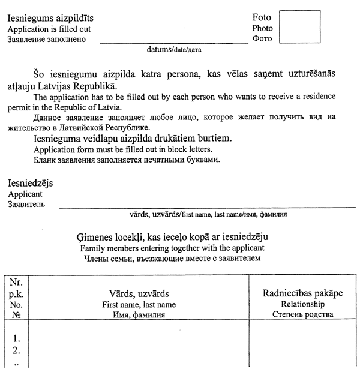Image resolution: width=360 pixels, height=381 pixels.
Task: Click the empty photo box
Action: tap(299, 26)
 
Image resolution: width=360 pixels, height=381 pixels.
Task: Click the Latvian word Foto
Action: tap(262, 17)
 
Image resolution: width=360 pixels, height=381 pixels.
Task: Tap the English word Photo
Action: tap(262, 28)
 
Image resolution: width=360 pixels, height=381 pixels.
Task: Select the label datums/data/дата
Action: tap(174, 50)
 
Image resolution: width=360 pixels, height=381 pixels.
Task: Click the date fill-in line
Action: tap(174, 43)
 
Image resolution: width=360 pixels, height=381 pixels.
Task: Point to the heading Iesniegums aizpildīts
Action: tap(50, 18)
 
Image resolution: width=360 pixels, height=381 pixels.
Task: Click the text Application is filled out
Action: tap(49, 29)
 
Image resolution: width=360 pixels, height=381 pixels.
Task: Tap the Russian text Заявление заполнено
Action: tap(46, 40)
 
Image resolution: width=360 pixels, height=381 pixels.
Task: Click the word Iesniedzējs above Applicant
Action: tap(30, 183)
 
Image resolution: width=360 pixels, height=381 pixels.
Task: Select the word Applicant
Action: tap(25, 194)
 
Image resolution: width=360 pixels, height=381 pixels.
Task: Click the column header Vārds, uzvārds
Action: tap(139, 294)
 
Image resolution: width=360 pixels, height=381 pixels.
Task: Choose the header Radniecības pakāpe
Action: tap(303, 293)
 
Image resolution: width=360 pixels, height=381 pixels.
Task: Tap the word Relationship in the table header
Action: tap(303, 304)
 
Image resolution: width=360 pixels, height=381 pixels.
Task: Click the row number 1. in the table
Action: tap(17, 338)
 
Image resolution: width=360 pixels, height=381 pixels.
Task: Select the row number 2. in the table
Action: tap(17, 350)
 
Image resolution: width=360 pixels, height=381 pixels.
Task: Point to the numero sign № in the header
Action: tap(17, 314)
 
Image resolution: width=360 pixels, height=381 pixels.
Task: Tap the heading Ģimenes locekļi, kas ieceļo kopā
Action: tap(173, 237)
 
